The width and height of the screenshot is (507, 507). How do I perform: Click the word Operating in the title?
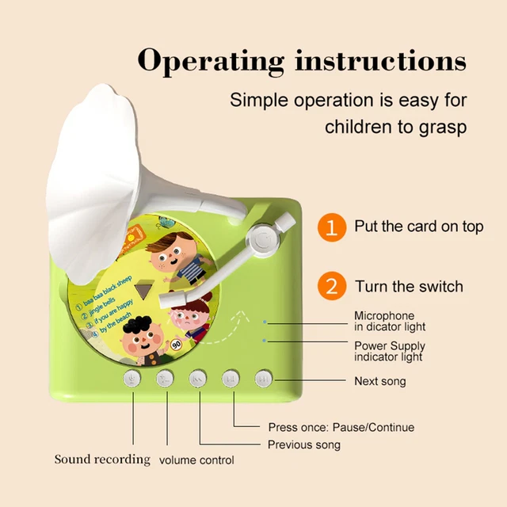(210, 61)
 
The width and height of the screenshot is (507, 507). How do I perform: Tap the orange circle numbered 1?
(332, 227)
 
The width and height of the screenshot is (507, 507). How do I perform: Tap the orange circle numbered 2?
(332, 286)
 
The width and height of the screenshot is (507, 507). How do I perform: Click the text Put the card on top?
(418, 227)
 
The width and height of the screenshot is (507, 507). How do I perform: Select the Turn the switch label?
(409, 286)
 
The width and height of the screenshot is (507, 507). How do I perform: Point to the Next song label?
(379, 381)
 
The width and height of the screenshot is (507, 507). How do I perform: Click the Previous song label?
(304, 444)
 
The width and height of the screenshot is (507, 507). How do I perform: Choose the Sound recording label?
(101, 459)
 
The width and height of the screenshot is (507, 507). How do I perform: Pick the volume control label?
(196, 460)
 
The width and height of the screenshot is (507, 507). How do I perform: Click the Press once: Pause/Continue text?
(341, 428)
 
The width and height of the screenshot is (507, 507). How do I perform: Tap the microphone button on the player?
(132, 379)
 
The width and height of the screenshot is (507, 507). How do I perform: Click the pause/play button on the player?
(231, 379)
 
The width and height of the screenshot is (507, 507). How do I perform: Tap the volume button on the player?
(165, 379)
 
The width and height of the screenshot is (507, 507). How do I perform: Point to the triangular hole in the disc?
(143, 291)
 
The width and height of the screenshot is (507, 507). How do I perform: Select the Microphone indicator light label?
(389, 322)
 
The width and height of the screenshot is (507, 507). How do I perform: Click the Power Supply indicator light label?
(389, 352)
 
